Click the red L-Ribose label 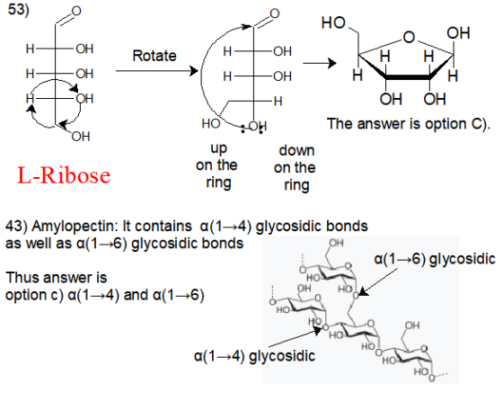pos(64,175)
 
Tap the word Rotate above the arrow pos(154,56)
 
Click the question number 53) pos(19,9)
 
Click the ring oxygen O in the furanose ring pos(409,37)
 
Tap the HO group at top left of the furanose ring pos(333,22)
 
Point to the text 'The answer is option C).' pos(409,124)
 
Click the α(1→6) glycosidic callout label pos(435,259)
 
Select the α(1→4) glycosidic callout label pos(254,356)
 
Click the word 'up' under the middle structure pos(219,149)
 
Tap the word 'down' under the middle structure pos(296,150)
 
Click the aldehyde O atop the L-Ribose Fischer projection pos(76,11)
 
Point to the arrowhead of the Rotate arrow pos(194,71)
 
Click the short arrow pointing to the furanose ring pos(320,63)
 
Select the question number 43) pos(17,226)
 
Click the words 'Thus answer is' pos(56,278)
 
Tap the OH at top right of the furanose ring pos(458,33)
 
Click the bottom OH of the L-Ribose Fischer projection pos(81,137)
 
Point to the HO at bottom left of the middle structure pos(211,123)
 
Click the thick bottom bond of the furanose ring pos(408,77)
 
